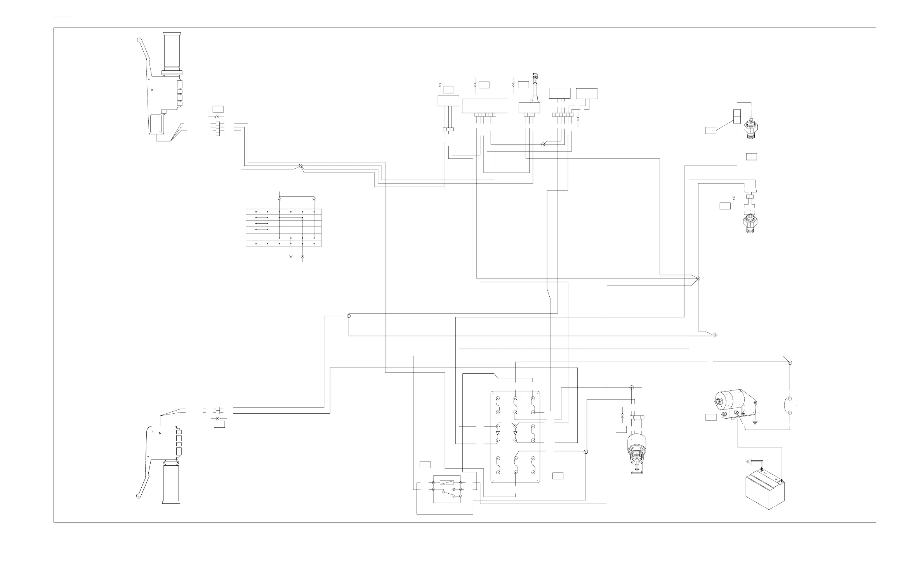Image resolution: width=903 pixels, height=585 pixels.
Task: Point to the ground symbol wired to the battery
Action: (x=748, y=461)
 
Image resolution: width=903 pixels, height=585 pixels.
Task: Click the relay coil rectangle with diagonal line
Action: (x=446, y=482)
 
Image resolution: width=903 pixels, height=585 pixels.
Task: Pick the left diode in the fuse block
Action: (x=498, y=433)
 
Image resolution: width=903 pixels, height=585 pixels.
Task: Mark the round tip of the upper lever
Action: (x=139, y=39)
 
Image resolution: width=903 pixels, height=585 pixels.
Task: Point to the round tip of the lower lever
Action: (x=138, y=496)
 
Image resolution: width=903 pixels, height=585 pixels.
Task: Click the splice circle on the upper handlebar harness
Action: (x=300, y=166)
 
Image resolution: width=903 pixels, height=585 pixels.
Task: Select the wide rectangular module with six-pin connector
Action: (x=485, y=106)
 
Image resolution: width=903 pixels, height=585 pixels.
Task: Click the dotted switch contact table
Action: (x=283, y=228)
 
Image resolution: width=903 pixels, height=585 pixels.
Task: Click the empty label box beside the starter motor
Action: (x=710, y=418)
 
